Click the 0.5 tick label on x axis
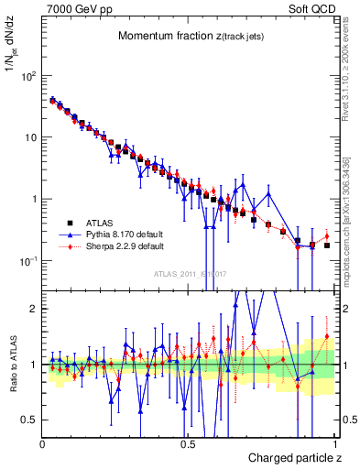(x=188, y=444)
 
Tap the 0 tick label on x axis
(x=43, y=444)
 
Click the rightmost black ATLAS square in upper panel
(x=327, y=245)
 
